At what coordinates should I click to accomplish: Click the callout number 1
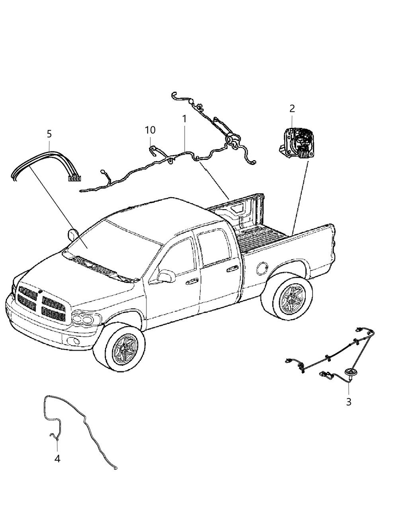pyautogui.click(x=184, y=119)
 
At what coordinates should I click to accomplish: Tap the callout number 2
pyautogui.click(x=292, y=108)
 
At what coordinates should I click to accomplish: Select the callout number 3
pyautogui.click(x=348, y=402)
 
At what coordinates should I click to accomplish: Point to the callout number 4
pyautogui.click(x=57, y=459)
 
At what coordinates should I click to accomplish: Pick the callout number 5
pyautogui.click(x=49, y=134)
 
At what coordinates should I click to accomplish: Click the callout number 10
pyautogui.click(x=150, y=130)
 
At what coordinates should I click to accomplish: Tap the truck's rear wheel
pyautogui.click(x=287, y=298)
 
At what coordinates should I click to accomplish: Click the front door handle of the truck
pyautogui.click(x=192, y=281)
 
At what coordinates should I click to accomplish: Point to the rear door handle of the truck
pyautogui.click(x=230, y=270)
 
